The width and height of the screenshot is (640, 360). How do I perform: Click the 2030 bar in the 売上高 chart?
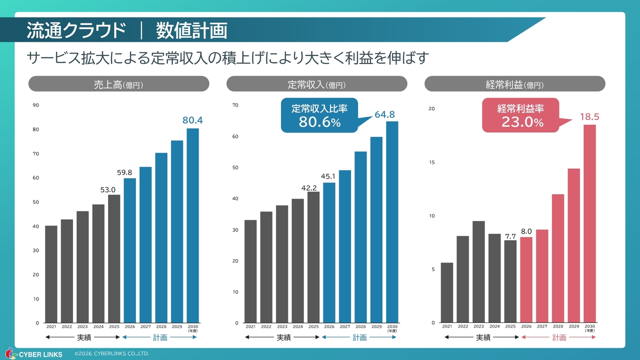[x=192, y=225]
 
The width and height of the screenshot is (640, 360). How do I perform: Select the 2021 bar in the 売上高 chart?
[x=51, y=274]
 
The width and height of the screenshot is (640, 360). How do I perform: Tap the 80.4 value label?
[x=192, y=120]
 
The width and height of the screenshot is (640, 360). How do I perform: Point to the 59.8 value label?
[x=124, y=172]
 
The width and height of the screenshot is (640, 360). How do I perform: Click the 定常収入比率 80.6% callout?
[x=319, y=115]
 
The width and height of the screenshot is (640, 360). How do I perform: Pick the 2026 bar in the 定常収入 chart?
[x=329, y=252]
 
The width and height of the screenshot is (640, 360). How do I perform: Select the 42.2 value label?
[x=309, y=188]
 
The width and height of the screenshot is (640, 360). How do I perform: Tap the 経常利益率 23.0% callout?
[x=520, y=115]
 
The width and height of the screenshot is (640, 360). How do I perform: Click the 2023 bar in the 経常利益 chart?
[x=478, y=271]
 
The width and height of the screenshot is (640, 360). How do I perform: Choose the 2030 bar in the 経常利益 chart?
[x=589, y=223]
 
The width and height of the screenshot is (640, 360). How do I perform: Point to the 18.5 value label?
[x=589, y=117]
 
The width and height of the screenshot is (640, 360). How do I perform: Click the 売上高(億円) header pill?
[x=118, y=84]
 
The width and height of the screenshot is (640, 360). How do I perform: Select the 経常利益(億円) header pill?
[x=514, y=84]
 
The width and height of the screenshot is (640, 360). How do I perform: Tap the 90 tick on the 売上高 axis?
[x=36, y=105]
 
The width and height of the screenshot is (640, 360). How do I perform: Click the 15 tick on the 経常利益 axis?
[x=432, y=162]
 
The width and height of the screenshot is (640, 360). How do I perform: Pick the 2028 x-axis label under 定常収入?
[x=360, y=326]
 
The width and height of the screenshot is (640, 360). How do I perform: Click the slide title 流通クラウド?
[x=76, y=30]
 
